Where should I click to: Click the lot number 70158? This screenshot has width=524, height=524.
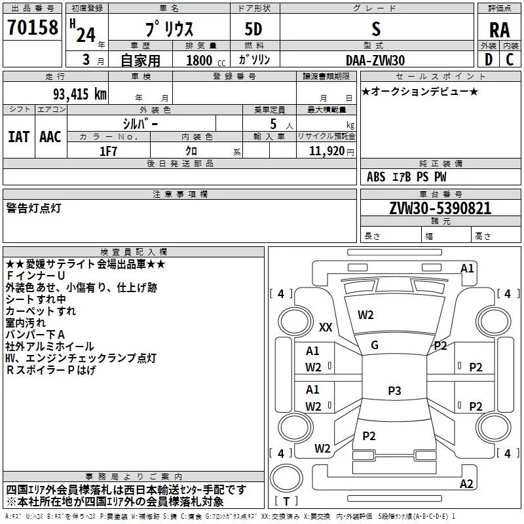pyautogui.click(x=33, y=28)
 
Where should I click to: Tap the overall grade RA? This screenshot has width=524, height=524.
pyautogui.click(x=499, y=30)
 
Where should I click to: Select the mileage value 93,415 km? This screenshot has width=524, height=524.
pyautogui.click(x=80, y=94)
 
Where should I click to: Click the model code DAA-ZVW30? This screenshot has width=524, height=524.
pyautogui.click(x=375, y=60)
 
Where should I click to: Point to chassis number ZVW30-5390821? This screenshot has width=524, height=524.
pyautogui.click(x=440, y=208)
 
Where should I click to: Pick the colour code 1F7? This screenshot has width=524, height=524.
pyautogui.click(x=108, y=151)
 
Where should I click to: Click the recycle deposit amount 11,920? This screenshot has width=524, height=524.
pyautogui.click(x=326, y=151)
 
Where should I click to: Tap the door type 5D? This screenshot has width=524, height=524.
pyautogui.click(x=253, y=29)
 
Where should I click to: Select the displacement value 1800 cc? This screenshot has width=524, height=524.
pyautogui.click(x=206, y=60)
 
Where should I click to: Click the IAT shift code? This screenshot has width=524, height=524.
pyautogui.click(x=18, y=137)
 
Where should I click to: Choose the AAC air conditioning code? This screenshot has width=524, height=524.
pyautogui.click(x=50, y=137)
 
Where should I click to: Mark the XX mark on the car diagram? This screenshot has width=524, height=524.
pyautogui.click(x=326, y=327)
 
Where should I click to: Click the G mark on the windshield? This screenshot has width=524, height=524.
pyautogui.click(x=375, y=345)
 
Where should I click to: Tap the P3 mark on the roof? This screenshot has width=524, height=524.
pyautogui.click(x=394, y=390)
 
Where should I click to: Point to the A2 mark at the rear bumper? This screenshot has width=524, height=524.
pyautogui.click(x=466, y=483)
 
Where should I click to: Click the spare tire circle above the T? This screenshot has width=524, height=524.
pyautogui.click(x=286, y=477)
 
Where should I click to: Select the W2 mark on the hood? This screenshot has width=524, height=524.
pyautogui.click(x=365, y=315)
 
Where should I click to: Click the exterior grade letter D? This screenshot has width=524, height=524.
pyautogui.click(x=489, y=60)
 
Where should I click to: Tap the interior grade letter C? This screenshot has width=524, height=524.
pyautogui.click(x=510, y=60)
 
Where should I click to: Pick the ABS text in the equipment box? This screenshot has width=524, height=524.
pyautogui.click(x=376, y=177)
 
